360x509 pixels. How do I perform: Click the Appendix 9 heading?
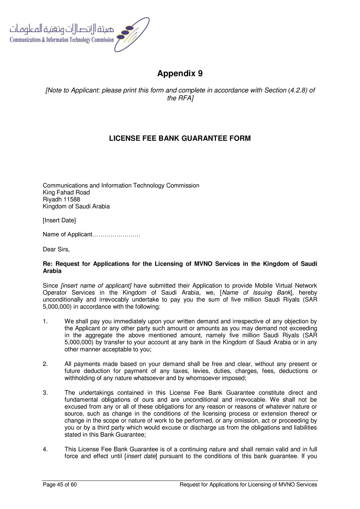pos(180,73)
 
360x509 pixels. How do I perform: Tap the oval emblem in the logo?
pos(132,34)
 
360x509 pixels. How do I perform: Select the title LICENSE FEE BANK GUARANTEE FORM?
pos(180,138)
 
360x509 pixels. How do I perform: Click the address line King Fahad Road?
pos(66,193)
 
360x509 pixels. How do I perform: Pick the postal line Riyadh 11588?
pos(61,200)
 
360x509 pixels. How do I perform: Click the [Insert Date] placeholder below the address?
pos(59,221)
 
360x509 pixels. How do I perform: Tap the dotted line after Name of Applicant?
pos(116,235)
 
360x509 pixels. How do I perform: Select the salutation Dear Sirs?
pos(56,250)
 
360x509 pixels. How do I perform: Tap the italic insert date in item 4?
pos(141,457)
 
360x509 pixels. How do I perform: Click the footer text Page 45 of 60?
pos(60,485)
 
